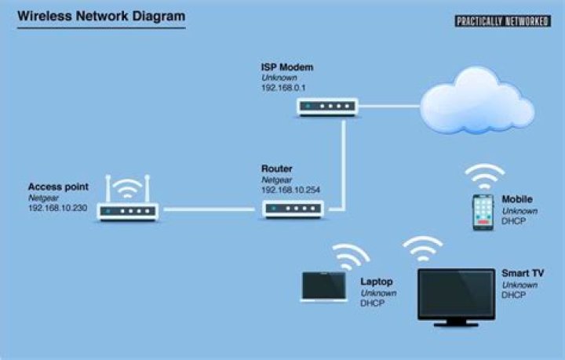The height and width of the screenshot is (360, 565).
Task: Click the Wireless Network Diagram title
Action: [101, 16]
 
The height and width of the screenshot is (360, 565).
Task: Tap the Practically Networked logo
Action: [502, 21]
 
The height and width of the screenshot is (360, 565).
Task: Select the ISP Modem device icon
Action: [327, 106]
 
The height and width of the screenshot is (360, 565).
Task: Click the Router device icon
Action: [293, 209]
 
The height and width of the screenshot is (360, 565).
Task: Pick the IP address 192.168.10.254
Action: [290, 190]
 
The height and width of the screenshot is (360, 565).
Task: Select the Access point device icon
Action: [127, 210]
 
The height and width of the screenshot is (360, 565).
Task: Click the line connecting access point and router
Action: [210, 209]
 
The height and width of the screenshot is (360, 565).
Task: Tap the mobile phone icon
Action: [483, 213]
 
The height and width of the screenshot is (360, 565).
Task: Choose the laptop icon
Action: [324, 286]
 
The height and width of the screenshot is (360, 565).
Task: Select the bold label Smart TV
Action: [523, 273]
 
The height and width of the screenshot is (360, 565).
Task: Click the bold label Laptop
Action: [376, 281]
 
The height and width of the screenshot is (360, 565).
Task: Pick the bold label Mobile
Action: [517, 199]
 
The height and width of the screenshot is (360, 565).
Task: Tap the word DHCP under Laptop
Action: [373, 304]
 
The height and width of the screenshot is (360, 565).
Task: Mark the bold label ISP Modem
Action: [287, 67]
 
